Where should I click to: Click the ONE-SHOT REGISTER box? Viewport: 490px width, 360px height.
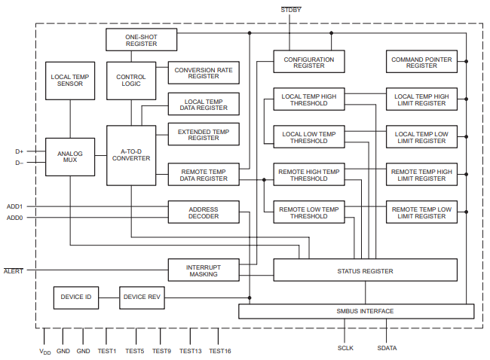[142, 40]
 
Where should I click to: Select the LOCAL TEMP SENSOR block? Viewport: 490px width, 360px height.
[70, 80]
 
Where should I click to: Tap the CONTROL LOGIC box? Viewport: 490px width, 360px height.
[131, 80]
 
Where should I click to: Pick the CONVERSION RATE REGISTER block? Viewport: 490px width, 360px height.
[204, 73]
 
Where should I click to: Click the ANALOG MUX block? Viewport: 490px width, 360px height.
[70, 157]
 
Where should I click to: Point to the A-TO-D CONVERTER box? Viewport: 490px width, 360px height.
[131, 154]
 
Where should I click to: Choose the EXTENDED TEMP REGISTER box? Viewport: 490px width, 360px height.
[204, 135]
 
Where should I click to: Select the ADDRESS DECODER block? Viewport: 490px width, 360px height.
[204, 212]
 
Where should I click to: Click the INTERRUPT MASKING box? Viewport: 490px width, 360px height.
[204, 270]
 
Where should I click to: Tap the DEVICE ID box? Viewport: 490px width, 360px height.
[76, 297]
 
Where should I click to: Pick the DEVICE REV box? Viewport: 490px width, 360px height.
[142, 297]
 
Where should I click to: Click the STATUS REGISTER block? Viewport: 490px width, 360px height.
[366, 271]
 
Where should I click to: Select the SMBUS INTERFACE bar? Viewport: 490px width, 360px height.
[356, 311]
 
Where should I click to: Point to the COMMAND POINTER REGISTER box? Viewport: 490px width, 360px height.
[421, 63]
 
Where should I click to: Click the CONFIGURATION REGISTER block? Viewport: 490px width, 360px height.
[308, 63]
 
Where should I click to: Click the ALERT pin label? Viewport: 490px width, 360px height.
[14, 270]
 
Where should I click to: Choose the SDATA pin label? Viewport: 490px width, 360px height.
[387, 348]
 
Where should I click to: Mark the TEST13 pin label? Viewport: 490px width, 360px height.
[191, 351]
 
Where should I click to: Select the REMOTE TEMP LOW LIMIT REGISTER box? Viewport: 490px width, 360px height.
[421, 212]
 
